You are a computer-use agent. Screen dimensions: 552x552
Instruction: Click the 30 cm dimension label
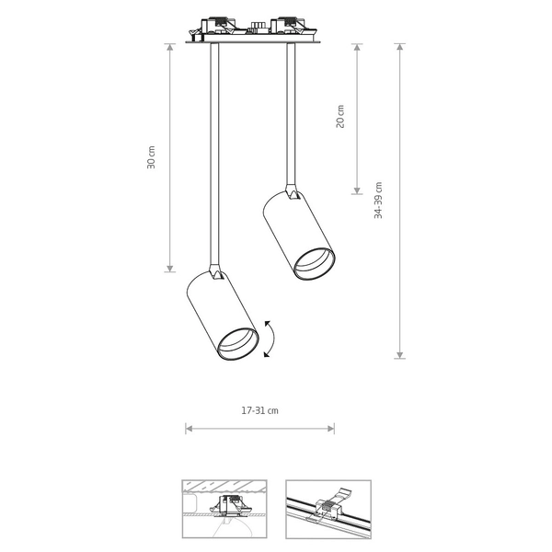151,157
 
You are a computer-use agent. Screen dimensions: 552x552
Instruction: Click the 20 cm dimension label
340,117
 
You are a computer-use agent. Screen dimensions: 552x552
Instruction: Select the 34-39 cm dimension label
378,201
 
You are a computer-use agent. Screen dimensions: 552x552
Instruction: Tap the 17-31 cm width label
259,410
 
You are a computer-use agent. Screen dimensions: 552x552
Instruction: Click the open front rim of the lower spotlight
238,344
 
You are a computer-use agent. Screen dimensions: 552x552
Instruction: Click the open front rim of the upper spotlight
314,264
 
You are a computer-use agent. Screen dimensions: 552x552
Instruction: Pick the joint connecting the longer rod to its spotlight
215,271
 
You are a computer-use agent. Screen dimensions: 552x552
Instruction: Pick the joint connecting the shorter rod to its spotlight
293,192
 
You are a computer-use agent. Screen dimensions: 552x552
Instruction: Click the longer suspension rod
214,154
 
